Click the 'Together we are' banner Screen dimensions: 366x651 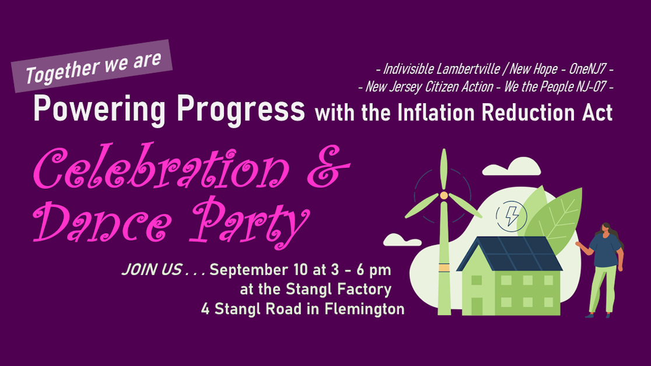click(92, 66)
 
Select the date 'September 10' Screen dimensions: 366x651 click(261, 270)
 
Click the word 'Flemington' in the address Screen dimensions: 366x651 click(360, 309)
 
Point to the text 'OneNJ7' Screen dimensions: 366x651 click(585, 69)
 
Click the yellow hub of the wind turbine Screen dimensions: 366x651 click(444, 195)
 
